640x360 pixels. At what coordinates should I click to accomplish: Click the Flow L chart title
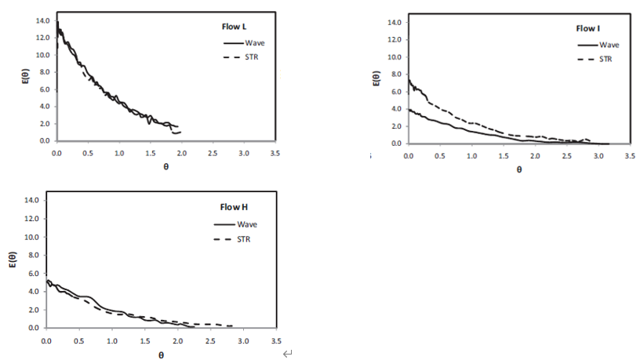234,26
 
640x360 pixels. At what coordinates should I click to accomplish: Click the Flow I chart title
587,28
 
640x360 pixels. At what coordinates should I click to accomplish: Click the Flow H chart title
234,207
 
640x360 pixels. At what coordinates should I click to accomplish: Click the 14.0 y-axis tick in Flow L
42,20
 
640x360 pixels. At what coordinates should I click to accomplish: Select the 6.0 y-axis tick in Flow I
394,92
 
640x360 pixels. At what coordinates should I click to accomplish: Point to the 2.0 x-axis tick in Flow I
535,156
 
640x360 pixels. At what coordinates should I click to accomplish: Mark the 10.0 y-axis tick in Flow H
31,237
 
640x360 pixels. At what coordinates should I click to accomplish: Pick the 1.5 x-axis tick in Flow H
144,341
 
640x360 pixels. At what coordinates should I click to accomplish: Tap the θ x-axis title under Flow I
518,169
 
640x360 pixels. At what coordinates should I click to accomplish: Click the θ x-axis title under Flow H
161,355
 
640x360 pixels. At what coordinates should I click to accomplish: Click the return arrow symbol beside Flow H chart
287,355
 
